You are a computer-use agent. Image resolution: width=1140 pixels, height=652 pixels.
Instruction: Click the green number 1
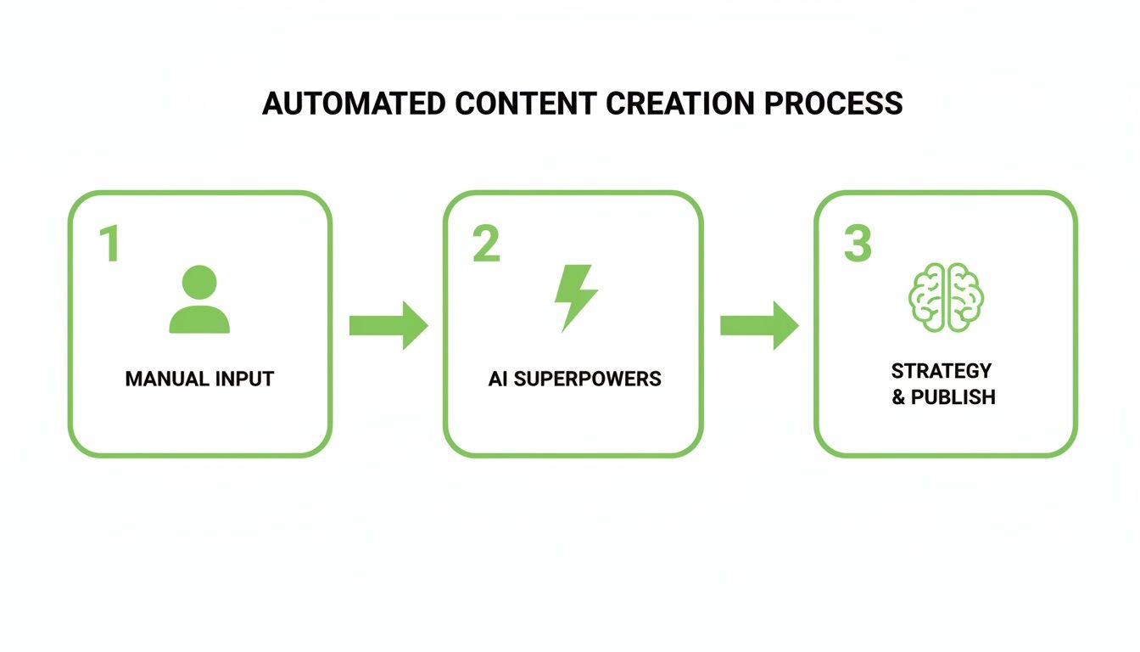(109, 244)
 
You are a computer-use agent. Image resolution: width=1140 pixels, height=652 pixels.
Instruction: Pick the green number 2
(486, 244)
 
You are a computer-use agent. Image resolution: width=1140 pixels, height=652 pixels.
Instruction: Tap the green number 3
(858, 244)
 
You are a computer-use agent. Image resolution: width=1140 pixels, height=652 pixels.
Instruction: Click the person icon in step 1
(199, 299)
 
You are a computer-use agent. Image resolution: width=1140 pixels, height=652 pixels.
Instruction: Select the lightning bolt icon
(575, 297)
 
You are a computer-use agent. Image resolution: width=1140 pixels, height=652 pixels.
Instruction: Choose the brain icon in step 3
(946, 296)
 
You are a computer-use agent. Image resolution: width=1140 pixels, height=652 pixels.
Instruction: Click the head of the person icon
(199, 281)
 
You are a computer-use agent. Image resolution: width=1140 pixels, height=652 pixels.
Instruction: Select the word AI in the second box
(498, 379)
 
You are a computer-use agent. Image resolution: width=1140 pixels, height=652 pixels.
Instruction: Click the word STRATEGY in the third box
(941, 371)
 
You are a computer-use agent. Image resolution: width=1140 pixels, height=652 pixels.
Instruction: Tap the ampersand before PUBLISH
(898, 397)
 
